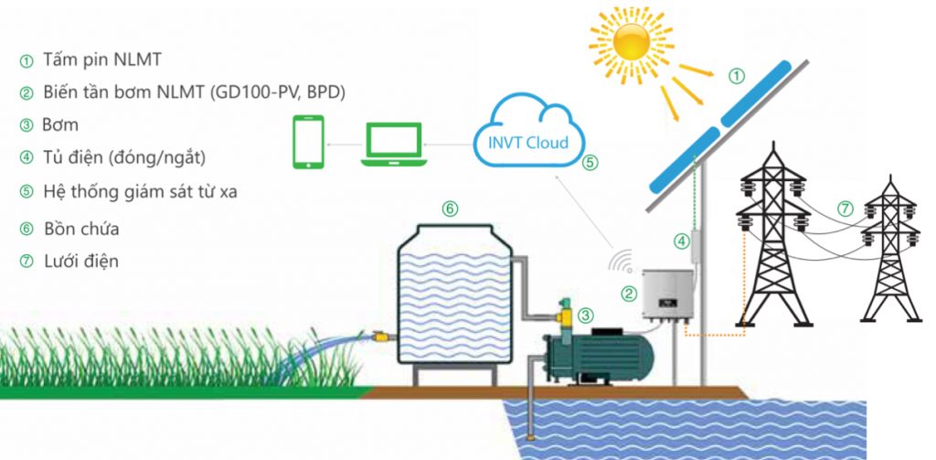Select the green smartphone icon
309,143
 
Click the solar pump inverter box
665,295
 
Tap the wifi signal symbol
622,261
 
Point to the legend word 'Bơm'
60,124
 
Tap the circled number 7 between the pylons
845,209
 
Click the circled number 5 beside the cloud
590,163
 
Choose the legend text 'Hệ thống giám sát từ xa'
128,192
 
